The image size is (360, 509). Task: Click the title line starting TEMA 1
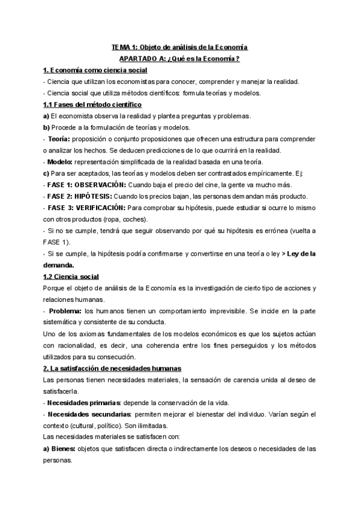[179, 47]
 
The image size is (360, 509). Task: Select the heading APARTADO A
[179, 58]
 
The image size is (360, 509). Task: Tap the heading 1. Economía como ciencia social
[91, 70]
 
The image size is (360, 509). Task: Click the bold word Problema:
[65, 310]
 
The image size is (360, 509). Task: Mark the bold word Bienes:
[57, 449]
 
